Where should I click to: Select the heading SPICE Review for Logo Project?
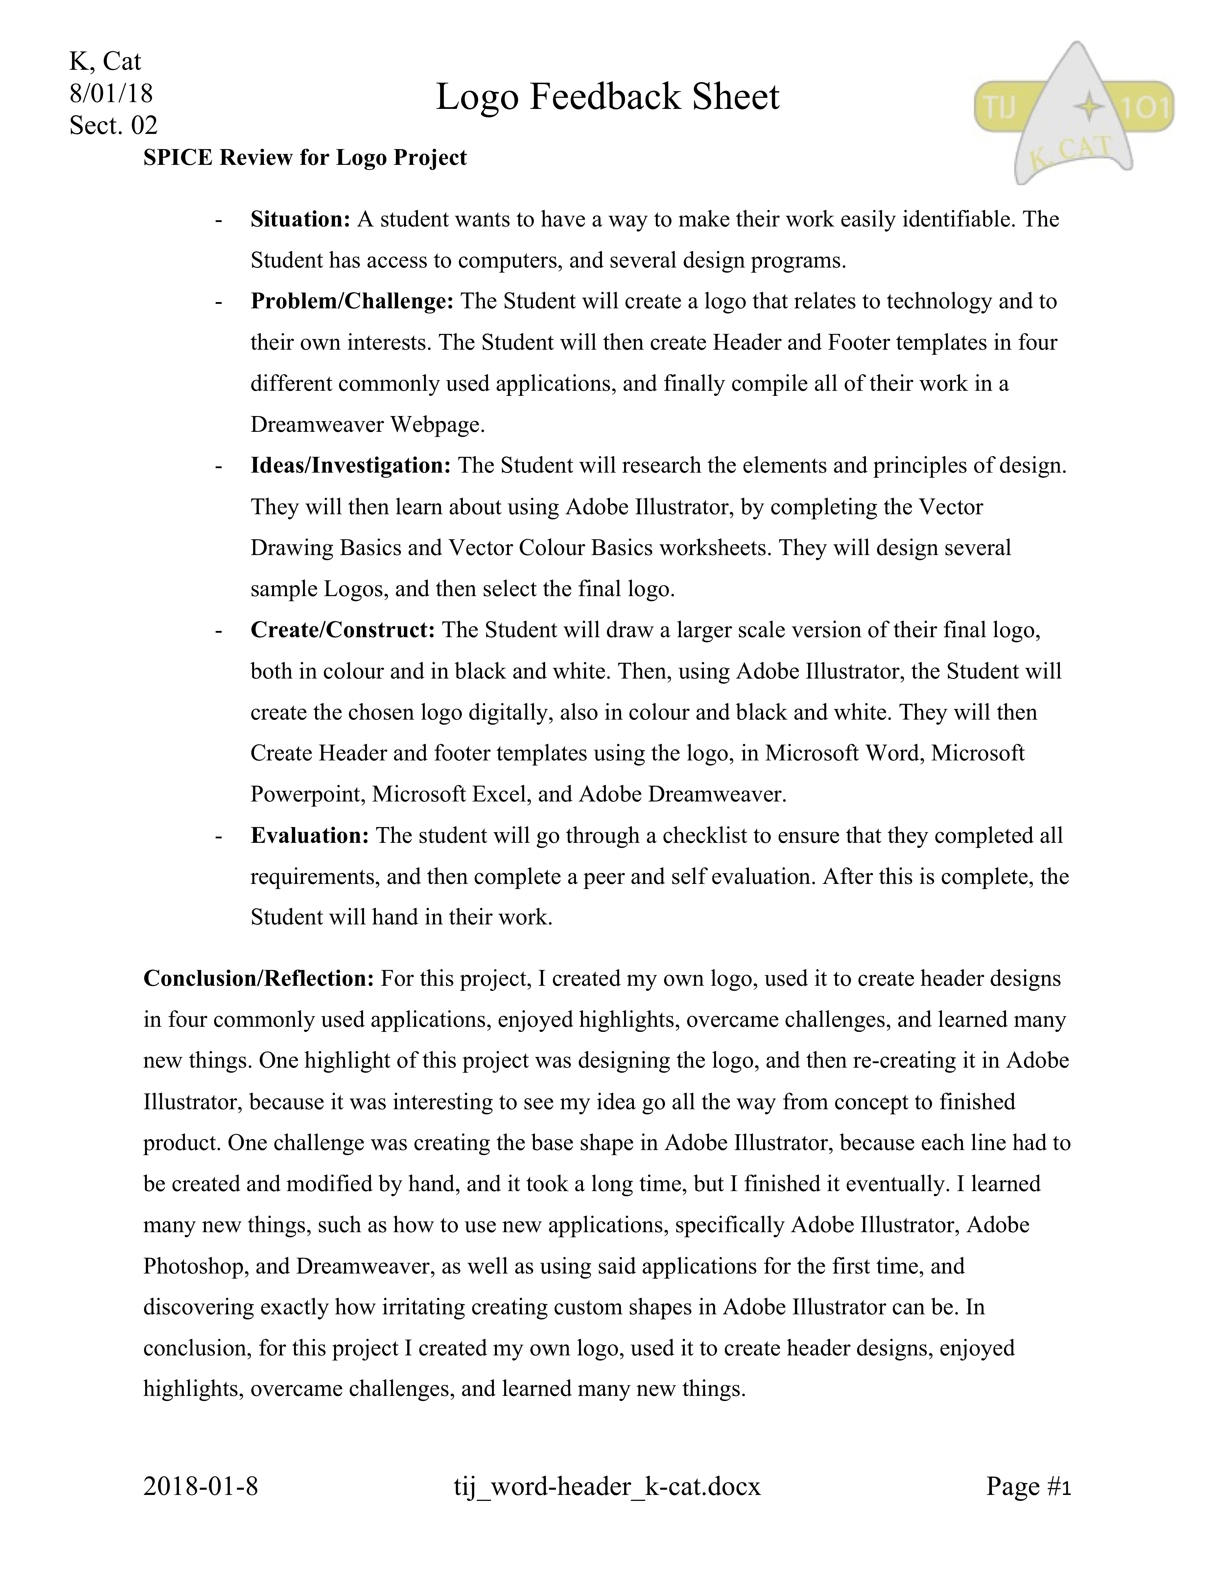(305, 157)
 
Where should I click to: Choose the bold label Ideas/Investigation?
(351, 466)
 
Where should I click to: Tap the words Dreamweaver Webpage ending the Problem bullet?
(367, 425)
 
